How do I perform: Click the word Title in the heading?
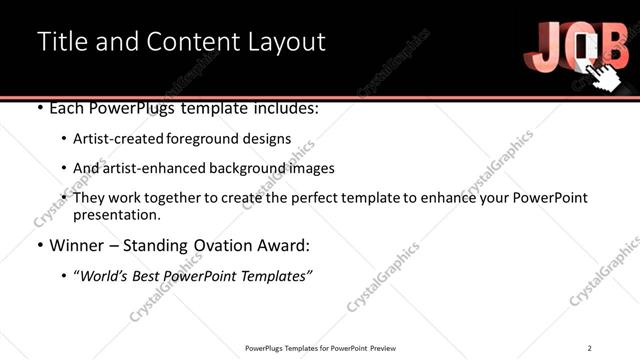[x=59, y=42]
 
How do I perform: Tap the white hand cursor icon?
[x=604, y=72]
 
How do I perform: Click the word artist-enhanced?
[x=153, y=168]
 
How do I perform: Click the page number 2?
[x=590, y=347]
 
